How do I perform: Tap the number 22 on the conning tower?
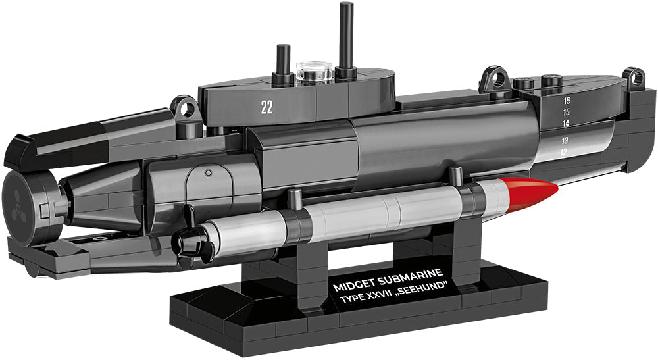click(x=266, y=109)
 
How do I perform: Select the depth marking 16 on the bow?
click(x=566, y=101)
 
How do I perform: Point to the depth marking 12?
click(x=563, y=153)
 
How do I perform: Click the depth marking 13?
click(x=565, y=141)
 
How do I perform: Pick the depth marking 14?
click(x=565, y=123)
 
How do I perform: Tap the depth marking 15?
click(x=566, y=112)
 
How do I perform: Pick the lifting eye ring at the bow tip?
click(x=633, y=78)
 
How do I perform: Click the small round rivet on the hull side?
click(x=208, y=173)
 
